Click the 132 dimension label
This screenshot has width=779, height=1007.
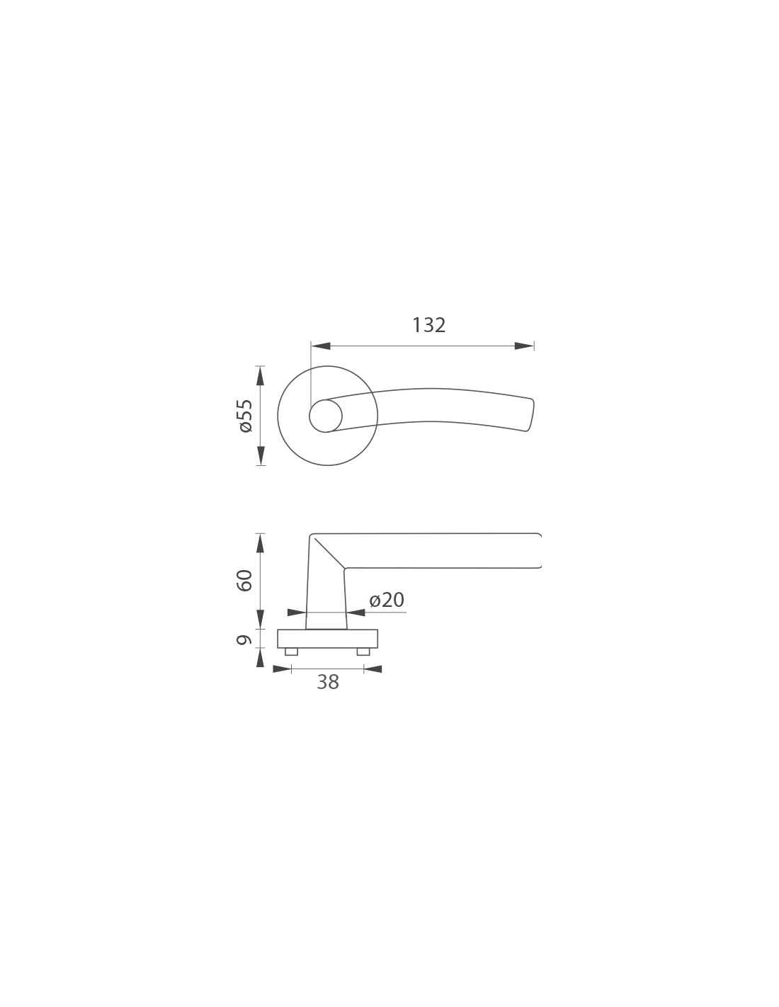click(x=428, y=325)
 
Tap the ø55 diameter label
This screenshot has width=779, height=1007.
click(x=246, y=416)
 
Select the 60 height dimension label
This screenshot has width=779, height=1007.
click(x=244, y=580)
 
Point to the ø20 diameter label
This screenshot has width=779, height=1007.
click(x=387, y=600)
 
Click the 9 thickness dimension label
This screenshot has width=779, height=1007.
click(x=244, y=639)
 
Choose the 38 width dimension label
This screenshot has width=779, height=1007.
click(x=328, y=682)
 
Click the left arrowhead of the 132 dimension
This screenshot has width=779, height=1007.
click(x=321, y=346)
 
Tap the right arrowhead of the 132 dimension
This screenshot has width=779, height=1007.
click(x=524, y=346)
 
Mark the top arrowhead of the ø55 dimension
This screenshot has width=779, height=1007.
click(x=261, y=375)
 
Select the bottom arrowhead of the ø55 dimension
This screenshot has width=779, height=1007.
click(x=261, y=455)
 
